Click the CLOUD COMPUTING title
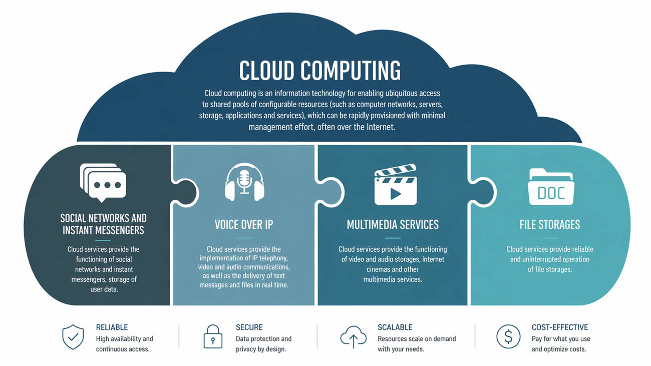point(320,71)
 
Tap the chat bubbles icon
point(103,182)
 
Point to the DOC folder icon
point(551,187)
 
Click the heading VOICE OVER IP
point(244,224)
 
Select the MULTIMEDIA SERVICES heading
point(393,224)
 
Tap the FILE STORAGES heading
point(550,224)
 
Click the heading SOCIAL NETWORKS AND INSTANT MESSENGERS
point(103,224)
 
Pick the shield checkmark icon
point(73,337)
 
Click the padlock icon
point(213,337)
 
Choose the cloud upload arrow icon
point(354,337)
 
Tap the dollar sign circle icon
point(508,337)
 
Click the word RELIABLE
point(112,327)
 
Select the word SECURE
point(249,327)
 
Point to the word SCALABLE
point(395,327)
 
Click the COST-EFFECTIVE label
point(560,327)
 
